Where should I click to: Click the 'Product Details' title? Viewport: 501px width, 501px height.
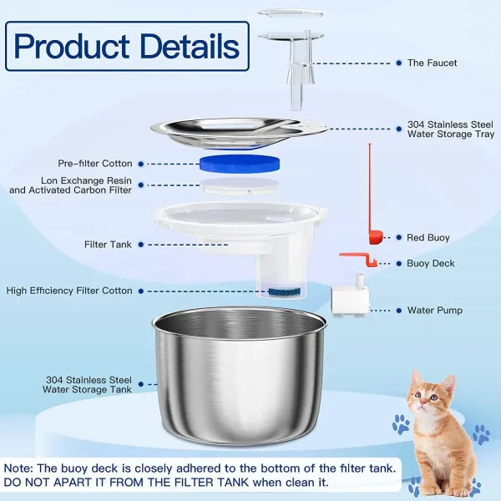click(127, 46)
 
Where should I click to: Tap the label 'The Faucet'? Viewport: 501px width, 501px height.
click(432, 63)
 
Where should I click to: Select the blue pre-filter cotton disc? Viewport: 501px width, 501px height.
click(240, 164)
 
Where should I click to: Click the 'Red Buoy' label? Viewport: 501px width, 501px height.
click(428, 237)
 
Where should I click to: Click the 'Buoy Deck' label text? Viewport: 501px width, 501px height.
click(431, 263)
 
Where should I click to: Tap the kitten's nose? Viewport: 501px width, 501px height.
click(423, 404)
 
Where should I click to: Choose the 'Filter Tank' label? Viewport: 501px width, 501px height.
click(108, 245)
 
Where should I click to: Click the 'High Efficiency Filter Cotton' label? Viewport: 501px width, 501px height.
click(69, 291)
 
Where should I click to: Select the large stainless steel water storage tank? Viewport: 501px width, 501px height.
click(240, 376)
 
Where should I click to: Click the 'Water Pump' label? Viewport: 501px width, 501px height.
click(435, 311)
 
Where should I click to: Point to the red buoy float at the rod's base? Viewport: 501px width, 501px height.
click(376, 237)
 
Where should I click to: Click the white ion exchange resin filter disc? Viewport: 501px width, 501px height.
click(240, 186)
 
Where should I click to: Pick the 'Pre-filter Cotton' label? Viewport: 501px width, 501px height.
click(95, 164)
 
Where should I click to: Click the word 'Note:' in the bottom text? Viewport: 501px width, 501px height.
click(18, 468)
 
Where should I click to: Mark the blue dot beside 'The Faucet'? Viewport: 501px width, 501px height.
click(399, 63)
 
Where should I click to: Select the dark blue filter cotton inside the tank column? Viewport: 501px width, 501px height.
click(285, 291)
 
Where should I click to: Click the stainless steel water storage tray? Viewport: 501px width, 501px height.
click(239, 133)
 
